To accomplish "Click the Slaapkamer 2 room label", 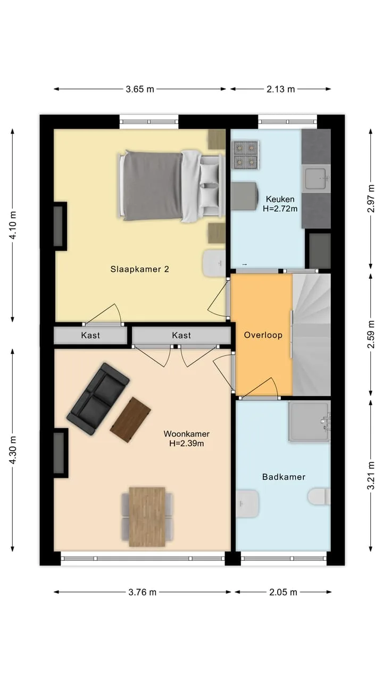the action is (x=139, y=269).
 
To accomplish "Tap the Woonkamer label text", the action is (x=187, y=434).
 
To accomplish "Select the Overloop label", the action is (x=263, y=335).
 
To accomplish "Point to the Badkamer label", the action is (x=284, y=477).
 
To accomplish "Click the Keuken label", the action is (x=280, y=199).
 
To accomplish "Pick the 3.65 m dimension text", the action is (x=140, y=89).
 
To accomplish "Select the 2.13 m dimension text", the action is (x=280, y=89).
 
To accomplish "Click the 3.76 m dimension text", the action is (x=142, y=592).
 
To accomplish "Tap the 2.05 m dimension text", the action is (x=283, y=592).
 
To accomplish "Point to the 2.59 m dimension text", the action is (x=371, y=335).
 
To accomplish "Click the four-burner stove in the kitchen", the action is (x=245, y=155).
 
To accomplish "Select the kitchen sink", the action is (x=316, y=178).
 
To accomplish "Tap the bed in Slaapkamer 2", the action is (x=172, y=186).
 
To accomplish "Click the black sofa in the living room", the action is (x=98, y=398).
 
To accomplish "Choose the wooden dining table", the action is (x=147, y=517).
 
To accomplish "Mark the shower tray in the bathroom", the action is (x=309, y=421).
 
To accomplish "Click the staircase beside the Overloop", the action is (x=312, y=335).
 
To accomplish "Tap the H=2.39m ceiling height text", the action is (x=187, y=443).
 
